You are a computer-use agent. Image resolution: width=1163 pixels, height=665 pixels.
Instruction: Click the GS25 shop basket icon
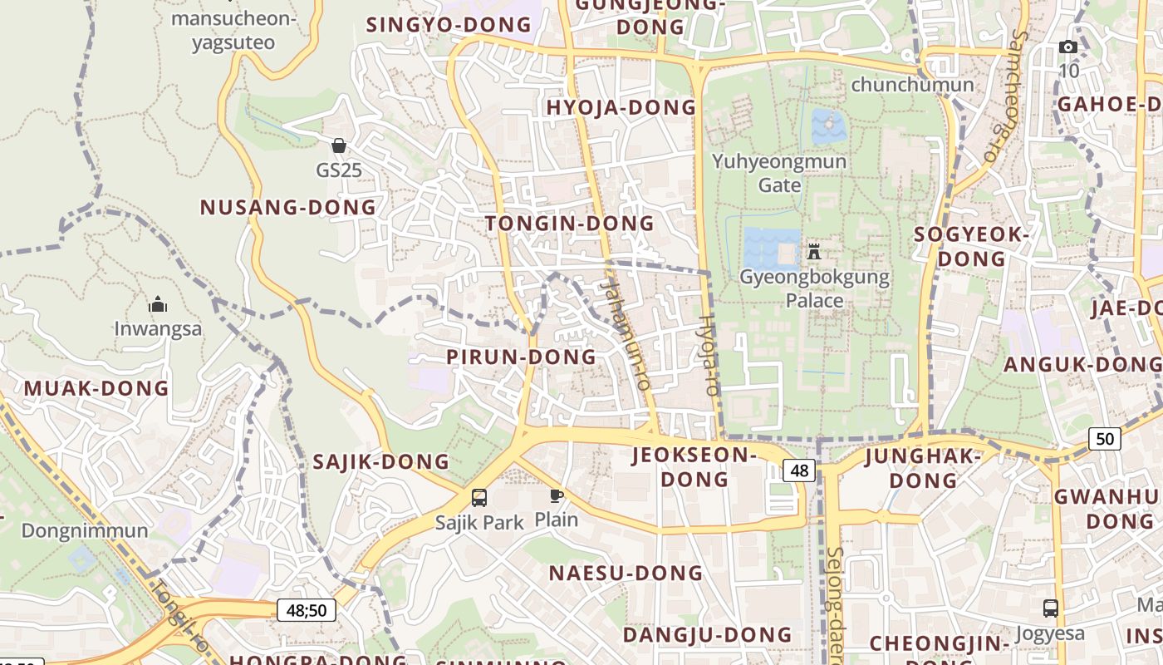tap(339, 146)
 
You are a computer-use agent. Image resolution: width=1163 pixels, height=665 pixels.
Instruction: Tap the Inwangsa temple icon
tap(158, 305)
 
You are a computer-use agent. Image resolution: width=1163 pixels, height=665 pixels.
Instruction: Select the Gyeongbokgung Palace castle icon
tap(814, 251)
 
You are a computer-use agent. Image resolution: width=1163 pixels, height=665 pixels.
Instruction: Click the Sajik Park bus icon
tap(479, 498)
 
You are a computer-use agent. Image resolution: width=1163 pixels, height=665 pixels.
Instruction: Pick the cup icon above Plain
tap(556, 496)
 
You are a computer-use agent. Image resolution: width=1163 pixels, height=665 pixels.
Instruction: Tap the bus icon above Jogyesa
tap(1051, 608)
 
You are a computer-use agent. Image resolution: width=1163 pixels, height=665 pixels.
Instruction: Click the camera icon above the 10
tap(1068, 47)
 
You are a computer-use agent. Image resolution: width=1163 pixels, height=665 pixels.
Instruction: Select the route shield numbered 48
tap(799, 471)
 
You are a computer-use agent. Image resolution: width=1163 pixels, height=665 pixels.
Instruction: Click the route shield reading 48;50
tap(307, 611)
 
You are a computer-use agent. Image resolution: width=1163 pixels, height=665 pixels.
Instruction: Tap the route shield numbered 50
tap(1105, 438)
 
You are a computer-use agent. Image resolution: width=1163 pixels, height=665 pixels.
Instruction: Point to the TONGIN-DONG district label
tap(570, 224)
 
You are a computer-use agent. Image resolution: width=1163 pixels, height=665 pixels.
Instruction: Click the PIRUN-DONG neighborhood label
tap(522, 357)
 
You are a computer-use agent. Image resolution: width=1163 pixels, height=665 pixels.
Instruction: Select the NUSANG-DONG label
tap(288, 208)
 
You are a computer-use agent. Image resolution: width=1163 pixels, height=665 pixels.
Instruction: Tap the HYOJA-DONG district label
tap(621, 107)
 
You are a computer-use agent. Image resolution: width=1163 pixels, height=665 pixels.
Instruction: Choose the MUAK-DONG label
tap(96, 388)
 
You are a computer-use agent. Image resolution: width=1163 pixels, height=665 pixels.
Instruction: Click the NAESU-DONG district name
tap(626, 573)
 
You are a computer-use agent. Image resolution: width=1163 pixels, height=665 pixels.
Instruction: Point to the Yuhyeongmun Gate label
tap(779, 173)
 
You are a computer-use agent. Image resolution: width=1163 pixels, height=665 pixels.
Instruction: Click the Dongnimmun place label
tap(85, 530)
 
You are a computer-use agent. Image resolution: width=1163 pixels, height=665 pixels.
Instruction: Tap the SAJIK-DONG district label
tap(380, 462)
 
